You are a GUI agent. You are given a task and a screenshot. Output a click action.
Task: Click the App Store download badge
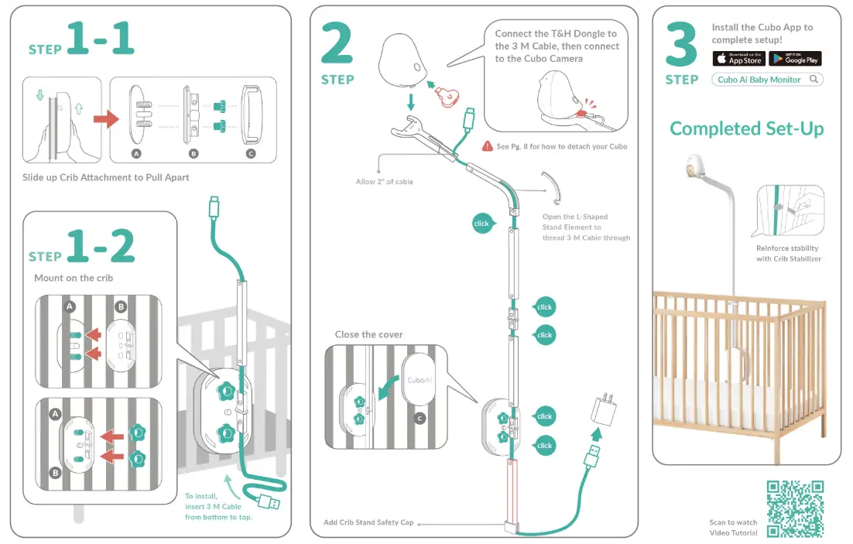(x=739, y=59)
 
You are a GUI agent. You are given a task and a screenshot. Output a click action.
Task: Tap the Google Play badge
(x=795, y=59)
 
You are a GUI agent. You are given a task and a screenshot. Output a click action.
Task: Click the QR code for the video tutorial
(x=795, y=508)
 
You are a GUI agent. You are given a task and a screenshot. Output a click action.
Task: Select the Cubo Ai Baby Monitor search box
(x=767, y=80)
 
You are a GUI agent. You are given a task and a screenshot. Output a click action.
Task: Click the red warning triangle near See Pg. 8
(x=488, y=145)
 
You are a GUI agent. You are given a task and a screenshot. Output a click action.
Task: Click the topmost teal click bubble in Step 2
(x=481, y=224)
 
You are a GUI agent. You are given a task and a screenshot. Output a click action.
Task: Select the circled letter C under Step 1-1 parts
(x=250, y=154)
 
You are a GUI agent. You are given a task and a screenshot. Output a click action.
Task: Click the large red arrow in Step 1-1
(x=105, y=120)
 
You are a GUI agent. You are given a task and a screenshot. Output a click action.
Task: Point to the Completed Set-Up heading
(x=746, y=128)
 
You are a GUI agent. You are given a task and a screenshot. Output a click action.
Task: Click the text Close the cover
(x=368, y=334)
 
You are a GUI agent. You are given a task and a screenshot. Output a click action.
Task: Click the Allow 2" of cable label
(x=384, y=182)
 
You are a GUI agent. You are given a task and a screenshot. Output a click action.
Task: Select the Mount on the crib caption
(x=74, y=278)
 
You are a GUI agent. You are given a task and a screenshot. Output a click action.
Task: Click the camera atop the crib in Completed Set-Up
(x=695, y=166)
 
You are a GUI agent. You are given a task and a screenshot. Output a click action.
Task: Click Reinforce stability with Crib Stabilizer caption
(x=788, y=253)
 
